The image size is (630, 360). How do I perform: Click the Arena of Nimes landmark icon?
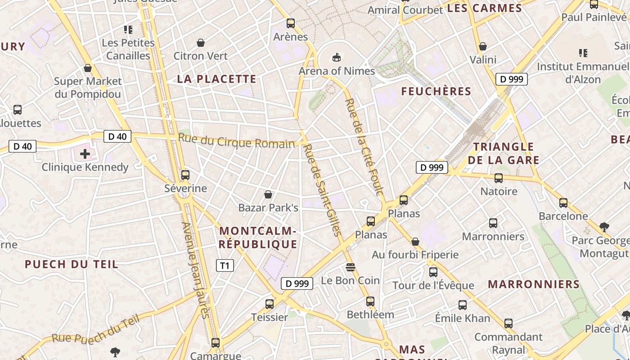coord(336,57)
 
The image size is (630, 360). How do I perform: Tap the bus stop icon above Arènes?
coord(291,23)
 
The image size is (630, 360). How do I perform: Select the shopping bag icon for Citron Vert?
coord(201,43)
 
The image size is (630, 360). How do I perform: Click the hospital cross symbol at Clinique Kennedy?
coord(85,154)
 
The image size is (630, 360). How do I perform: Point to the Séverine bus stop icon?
coord(185,175)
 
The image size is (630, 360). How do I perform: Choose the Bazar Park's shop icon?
coord(268,194)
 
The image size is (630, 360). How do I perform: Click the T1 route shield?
coord(225,265)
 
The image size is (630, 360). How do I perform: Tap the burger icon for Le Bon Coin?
coord(351,267)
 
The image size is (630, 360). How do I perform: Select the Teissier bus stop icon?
coord(270,304)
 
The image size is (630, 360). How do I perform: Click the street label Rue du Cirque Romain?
coord(236,141)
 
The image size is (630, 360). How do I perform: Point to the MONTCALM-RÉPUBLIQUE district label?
coord(258,238)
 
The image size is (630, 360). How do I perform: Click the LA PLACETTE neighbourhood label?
coord(216,79)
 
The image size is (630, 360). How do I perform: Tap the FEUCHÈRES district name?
coord(436,91)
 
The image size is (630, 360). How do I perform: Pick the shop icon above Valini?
coord(483,46)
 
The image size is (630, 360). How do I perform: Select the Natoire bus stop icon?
coord(499,178)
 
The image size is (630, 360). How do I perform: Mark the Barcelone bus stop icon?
coord(563,202)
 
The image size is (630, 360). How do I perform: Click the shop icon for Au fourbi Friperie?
coord(415,242)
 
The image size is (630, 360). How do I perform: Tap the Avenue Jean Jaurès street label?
coord(196,270)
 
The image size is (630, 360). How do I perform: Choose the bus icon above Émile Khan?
coord(463,305)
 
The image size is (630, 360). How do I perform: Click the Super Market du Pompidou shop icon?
coord(88,68)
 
